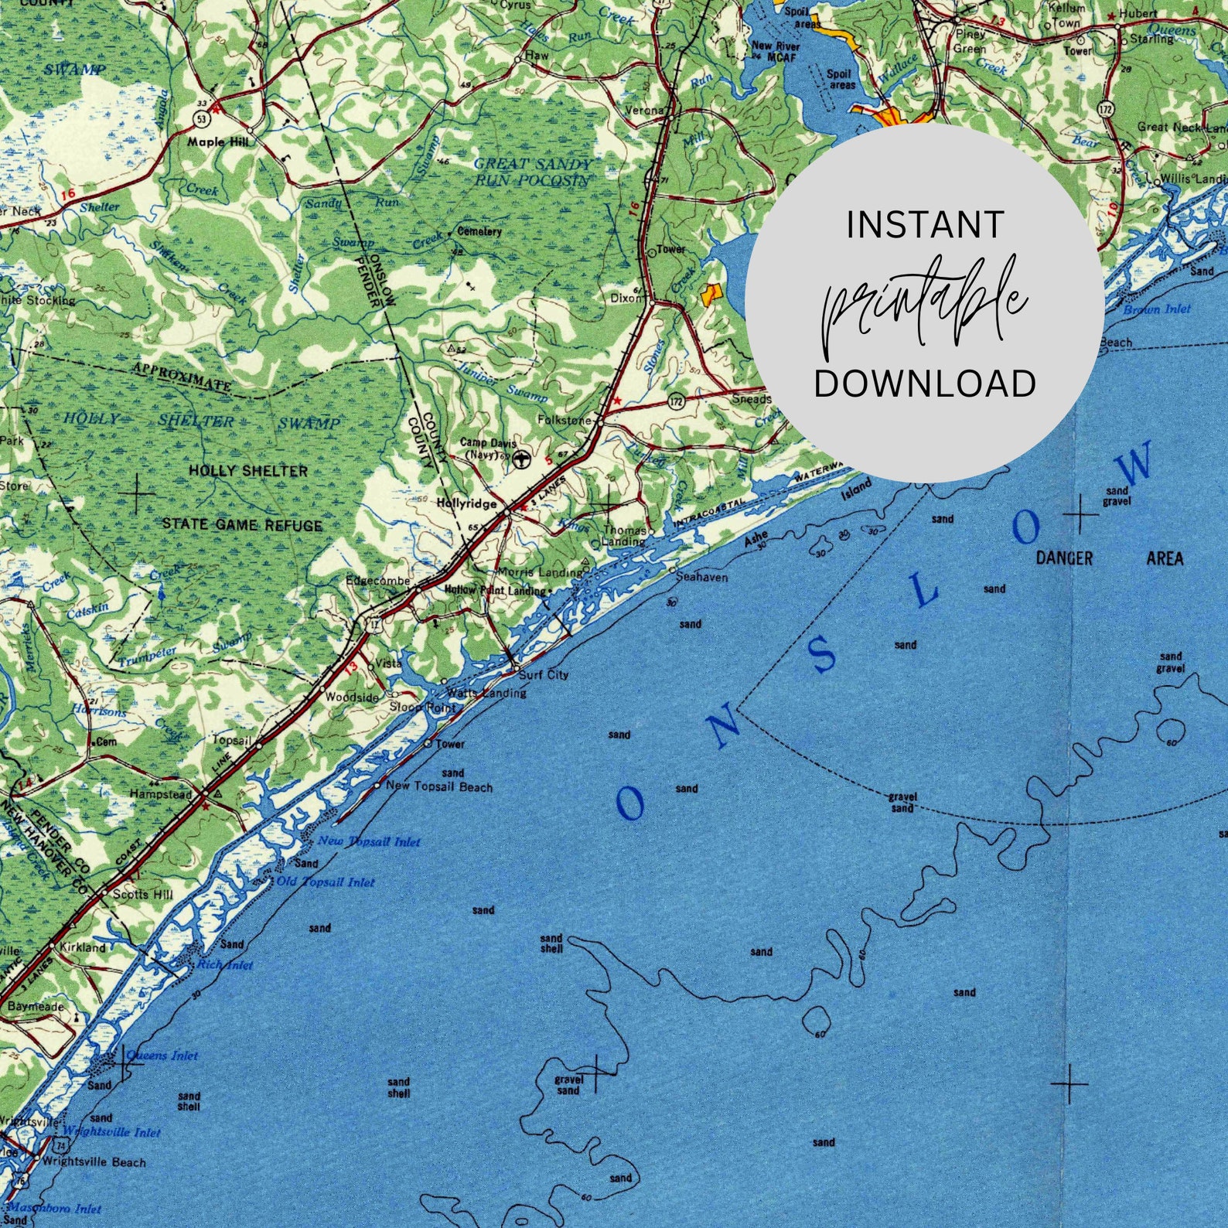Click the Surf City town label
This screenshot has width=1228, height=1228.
click(543, 675)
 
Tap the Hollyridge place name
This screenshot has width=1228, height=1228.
click(466, 503)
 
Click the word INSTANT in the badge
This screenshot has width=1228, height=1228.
click(925, 225)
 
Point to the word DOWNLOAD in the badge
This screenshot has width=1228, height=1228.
click(925, 384)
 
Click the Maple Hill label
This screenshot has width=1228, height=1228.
click(217, 142)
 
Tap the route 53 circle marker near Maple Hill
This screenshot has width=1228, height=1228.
click(201, 118)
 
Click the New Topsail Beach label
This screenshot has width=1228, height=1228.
click(438, 786)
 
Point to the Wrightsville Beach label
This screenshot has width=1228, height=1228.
click(94, 1161)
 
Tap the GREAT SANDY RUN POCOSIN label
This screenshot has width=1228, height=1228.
click(532, 172)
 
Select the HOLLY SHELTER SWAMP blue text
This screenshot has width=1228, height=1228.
click(201, 422)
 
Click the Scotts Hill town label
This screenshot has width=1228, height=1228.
click(143, 894)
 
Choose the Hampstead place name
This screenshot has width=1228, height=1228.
click(160, 794)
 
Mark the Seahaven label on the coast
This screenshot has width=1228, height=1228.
click(701, 577)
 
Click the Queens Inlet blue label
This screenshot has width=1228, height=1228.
click(162, 1055)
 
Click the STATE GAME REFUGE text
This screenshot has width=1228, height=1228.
click(241, 525)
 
